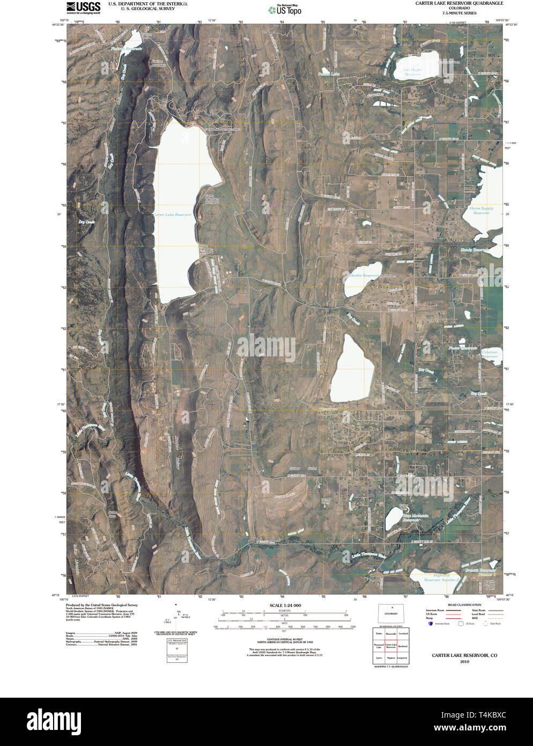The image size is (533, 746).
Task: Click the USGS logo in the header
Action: tap(84, 7)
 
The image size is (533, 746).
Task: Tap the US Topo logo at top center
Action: tap(285, 9)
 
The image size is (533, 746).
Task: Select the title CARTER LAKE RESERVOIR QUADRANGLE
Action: tap(459, 3)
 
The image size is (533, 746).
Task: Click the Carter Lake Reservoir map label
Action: tap(172, 215)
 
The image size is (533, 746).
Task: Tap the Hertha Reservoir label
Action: tap(365, 275)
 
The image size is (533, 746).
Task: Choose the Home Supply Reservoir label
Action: tap(481, 210)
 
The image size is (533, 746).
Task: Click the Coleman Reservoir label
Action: tap(490, 354)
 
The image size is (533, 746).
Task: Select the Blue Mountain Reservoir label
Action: tap(416, 518)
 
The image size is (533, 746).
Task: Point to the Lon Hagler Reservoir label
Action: tap(413, 71)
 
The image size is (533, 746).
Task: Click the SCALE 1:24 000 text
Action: tap(282, 605)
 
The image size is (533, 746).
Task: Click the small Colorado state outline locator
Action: tap(390, 613)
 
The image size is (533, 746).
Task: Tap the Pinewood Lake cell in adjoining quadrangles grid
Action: tap(379, 646)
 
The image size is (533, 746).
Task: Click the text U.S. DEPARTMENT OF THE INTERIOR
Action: tap(148, 3)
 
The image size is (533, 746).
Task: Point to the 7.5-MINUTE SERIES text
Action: tap(459, 13)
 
